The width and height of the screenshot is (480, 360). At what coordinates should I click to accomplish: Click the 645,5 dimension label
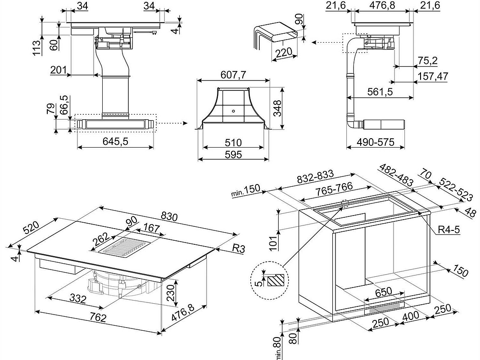[x=116, y=141]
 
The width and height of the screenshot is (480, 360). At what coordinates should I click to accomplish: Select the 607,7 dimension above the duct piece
[x=233, y=75]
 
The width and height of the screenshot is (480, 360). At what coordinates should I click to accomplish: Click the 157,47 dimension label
[x=433, y=76]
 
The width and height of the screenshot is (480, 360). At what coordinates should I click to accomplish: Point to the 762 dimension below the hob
[x=97, y=318]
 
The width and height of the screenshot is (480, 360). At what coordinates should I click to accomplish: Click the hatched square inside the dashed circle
[x=276, y=281]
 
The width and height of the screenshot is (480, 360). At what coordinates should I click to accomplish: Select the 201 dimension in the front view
[x=58, y=70]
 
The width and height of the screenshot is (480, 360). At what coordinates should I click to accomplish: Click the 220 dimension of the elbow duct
[x=283, y=53]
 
